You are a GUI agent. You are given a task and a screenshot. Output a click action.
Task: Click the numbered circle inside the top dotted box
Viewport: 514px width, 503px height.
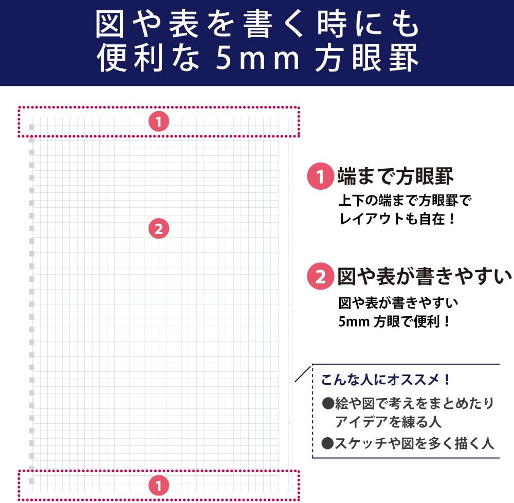pyautogui.click(x=159, y=122)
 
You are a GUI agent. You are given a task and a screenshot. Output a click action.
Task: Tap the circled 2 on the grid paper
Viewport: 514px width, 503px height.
pyautogui.click(x=159, y=228)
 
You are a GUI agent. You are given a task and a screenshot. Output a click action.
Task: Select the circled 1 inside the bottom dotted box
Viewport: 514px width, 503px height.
pyautogui.click(x=159, y=484)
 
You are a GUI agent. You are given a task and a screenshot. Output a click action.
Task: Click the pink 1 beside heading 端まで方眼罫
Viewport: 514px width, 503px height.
pyautogui.click(x=320, y=177)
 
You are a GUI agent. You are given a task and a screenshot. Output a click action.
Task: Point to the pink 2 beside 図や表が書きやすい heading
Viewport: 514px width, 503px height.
pyautogui.click(x=320, y=277)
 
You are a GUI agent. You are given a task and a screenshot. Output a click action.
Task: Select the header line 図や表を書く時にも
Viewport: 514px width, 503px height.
pyautogui.click(x=257, y=25)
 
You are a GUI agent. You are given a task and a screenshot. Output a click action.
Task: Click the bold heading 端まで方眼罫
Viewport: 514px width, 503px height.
pyautogui.click(x=395, y=177)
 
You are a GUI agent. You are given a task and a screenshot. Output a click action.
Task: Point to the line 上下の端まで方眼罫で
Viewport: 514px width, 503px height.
pyautogui.click(x=405, y=200)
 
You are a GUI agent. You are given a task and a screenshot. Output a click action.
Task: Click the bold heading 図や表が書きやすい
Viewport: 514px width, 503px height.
pyautogui.click(x=425, y=277)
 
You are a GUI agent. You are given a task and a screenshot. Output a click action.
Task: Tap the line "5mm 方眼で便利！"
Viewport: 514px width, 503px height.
pyautogui.click(x=395, y=321)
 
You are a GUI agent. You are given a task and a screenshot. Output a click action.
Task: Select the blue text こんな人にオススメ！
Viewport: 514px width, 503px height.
pyautogui.click(x=386, y=381)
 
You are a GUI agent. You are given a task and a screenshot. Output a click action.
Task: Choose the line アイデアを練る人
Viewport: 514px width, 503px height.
pyautogui.click(x=388, y=422)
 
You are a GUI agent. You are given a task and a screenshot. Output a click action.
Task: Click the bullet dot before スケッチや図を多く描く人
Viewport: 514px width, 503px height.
pyautogui.click(x=327, y=443)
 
